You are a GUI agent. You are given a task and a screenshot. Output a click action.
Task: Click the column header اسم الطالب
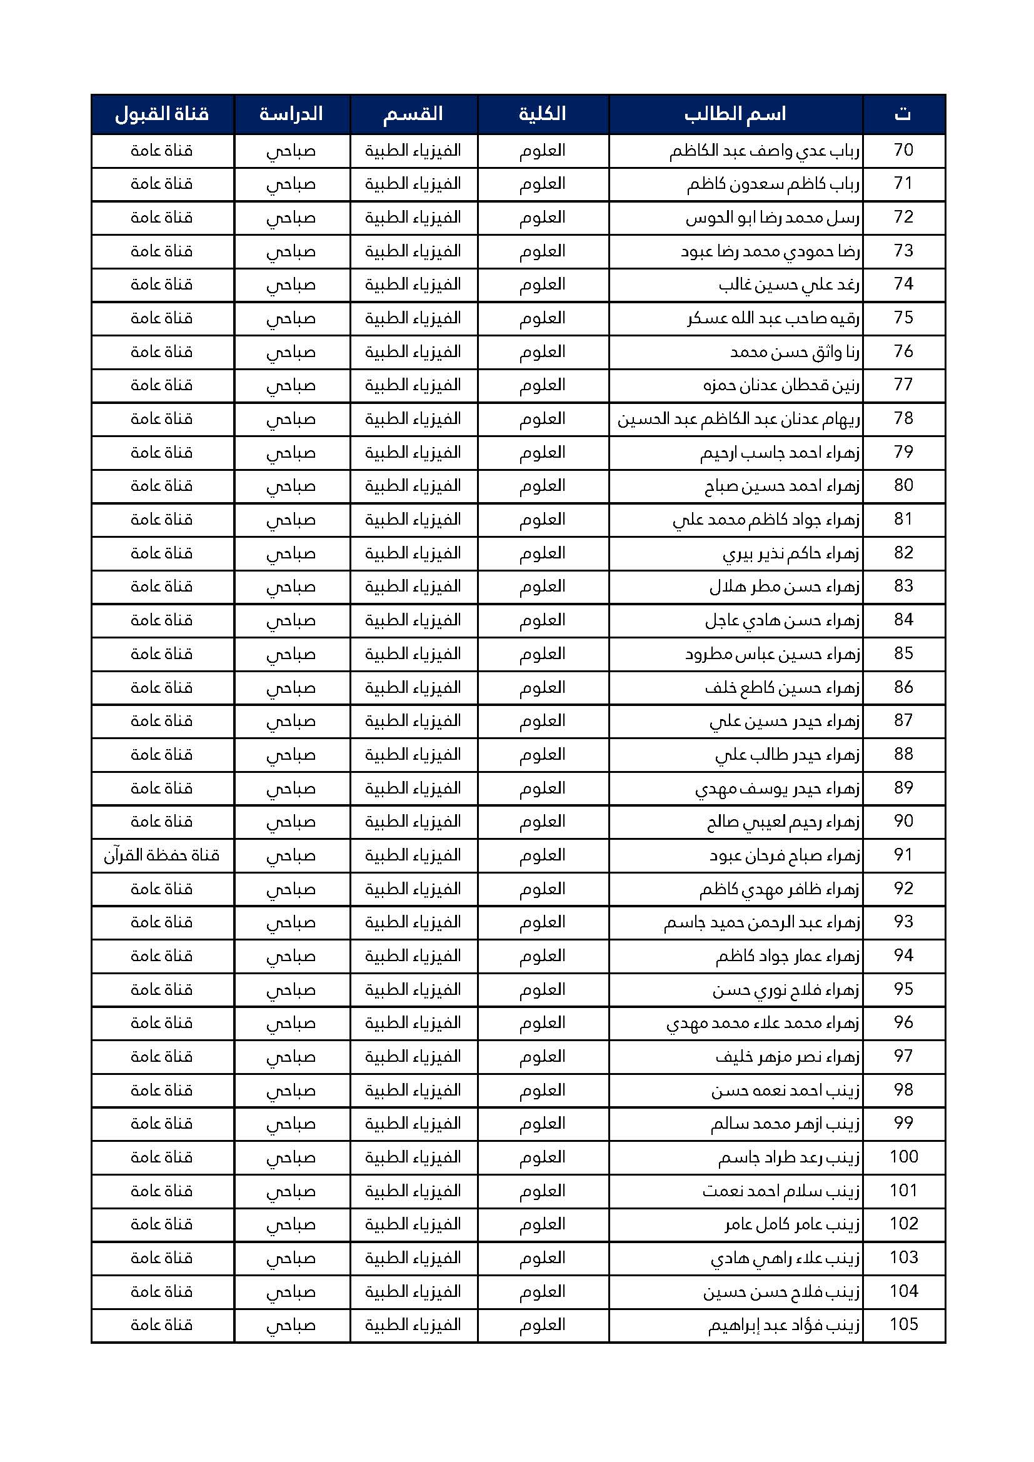[735, 114]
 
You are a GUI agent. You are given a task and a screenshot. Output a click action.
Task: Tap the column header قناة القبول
[162, 114]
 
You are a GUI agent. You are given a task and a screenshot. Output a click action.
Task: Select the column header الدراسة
[291, 114]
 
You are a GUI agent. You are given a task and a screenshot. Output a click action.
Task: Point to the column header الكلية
[543, 114]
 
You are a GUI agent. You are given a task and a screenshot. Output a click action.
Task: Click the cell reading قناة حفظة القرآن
[162, 855]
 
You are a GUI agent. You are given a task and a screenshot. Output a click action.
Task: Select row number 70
[903, 150]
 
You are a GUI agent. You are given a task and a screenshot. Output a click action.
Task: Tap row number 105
[903, 1325]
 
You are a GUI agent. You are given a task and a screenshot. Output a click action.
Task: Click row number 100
[903, 1157]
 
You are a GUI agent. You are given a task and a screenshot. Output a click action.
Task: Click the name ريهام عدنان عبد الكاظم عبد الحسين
[738, 420]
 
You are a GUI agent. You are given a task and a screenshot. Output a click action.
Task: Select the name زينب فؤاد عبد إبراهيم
[784, 1326]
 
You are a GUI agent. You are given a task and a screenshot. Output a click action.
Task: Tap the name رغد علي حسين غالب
[789, 285]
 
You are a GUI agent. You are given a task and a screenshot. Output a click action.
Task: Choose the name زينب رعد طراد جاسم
[789, 1157]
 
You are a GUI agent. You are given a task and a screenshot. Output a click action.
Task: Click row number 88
[903, 755]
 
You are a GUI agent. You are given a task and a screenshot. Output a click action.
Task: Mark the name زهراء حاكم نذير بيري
[791, 554]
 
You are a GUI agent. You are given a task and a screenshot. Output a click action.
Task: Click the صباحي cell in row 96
[291, 1023]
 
